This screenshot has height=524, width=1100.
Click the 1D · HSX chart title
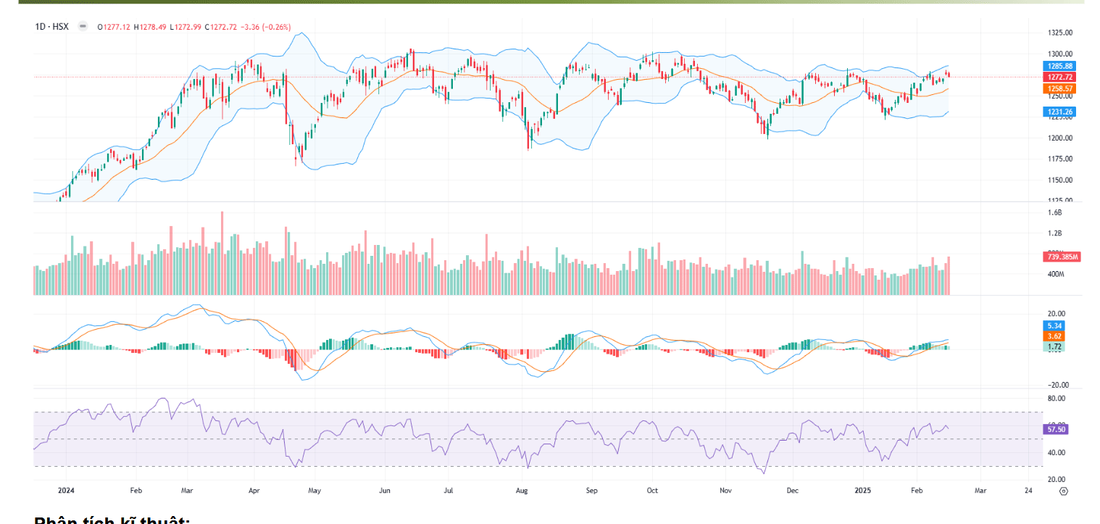[x=51, y=27]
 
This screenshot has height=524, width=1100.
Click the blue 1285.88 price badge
[x=1059, y=66]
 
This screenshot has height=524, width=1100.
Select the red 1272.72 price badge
[x=1059, y=77]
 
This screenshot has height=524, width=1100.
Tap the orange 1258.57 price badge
[x=1059, y=88]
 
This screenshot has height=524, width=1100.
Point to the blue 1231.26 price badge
[x=1059, y=112]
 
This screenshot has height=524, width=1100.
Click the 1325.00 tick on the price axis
[x=1059, y=33]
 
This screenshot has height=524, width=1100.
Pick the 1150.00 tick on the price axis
[x=1059, y=180]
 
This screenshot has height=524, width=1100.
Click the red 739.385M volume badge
[x=1062, y=257]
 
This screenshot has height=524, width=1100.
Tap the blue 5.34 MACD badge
[x=1053, y=326]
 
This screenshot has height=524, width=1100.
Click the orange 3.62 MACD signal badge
[x=1053, y=336]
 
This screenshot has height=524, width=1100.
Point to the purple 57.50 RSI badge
[x=1055, y=429]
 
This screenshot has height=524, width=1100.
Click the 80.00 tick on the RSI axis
[x=1056, y=399]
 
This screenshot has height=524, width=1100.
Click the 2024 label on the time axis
[x=66, y=491]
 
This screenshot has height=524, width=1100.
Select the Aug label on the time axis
[x=522, y=491]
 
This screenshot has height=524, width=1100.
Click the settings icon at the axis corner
[x=1063, y=491]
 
